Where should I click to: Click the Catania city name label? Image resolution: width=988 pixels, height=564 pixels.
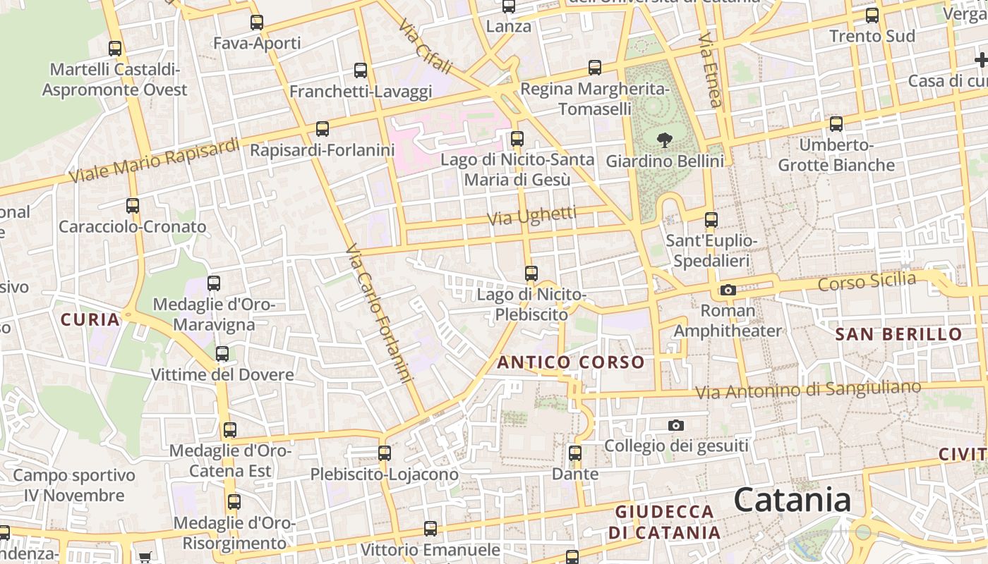pos(793,500)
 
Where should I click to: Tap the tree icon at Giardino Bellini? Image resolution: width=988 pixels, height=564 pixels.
pos(664,140)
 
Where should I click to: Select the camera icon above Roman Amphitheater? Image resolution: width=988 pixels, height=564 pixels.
pos(728,290)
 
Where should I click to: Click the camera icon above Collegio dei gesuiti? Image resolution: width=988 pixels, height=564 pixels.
pos(676,425)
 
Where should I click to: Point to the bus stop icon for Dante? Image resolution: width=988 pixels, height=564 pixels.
pos(575,453)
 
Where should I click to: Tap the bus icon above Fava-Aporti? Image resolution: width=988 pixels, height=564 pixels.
pos(257,23)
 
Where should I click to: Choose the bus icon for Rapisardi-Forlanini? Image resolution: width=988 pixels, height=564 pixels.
pos(323,129)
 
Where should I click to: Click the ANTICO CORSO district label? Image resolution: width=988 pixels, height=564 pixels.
pos(571,362)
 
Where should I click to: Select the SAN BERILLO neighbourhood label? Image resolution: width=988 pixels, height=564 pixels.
pos(898,334)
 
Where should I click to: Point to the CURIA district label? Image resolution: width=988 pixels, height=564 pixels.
pos(90,319)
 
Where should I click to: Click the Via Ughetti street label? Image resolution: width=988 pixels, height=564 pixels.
pos(532,216)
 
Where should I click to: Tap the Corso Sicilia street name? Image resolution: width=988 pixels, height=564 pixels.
pos(867,281)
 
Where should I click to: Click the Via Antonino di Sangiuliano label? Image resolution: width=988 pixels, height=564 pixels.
pos(808,389)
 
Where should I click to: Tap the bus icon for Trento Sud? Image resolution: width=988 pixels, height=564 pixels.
pos(872,16)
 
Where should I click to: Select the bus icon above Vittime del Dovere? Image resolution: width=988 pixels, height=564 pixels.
pos(222,354)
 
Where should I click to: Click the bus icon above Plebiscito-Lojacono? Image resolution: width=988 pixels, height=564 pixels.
pos(385,453)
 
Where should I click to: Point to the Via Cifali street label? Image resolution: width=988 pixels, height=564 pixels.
pos(424,47)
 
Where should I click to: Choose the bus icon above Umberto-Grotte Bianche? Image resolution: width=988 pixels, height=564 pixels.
pos(836,124)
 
